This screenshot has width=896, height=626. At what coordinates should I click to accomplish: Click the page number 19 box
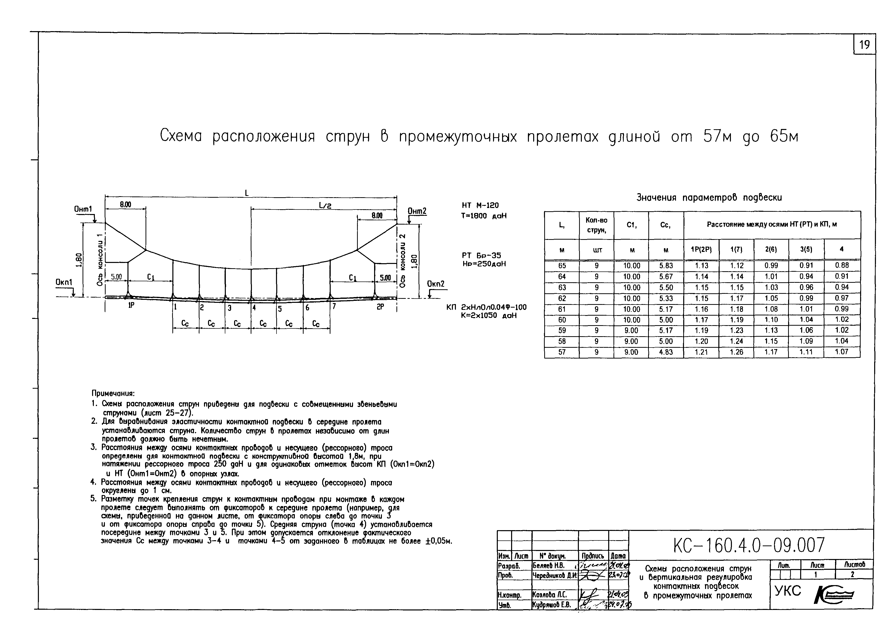(x=864, y=45)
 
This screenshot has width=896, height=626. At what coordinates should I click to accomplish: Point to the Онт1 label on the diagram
(x=83, y=209)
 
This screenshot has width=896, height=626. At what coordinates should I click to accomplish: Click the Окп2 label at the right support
(x=436, y=284)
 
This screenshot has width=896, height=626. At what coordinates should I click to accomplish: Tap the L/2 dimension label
(x=325, y=205)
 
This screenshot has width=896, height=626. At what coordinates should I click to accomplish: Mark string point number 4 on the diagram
(x=254, y=308)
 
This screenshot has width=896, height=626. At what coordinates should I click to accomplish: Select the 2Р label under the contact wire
(x=380, y=307)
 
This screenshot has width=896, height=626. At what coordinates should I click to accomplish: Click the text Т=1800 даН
(x=484, y=216)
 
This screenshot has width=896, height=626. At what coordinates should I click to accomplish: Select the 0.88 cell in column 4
(x=842, y=265)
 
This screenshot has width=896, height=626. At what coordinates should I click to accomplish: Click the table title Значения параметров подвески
(x=709, y=197)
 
